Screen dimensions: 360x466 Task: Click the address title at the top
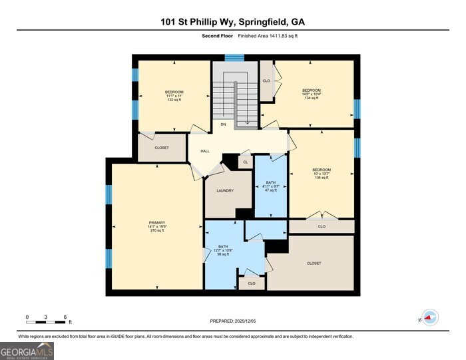pos(233,22)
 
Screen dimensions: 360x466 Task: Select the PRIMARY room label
pos(157,226)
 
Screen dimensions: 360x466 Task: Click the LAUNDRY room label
pos(225,190)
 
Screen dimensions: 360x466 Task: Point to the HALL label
pos(205,151)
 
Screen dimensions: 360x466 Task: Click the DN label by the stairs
pos(224,124)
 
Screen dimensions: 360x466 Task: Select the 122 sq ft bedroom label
pos(174,95)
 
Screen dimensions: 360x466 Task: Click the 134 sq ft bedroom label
pos(312,94)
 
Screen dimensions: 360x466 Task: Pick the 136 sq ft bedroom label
pos(322,173)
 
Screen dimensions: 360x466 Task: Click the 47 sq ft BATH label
pos(270,186)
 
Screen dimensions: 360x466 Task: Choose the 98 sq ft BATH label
pos(223,250)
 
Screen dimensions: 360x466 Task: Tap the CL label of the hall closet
pos(245,162)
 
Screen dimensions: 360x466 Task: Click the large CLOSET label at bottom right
pos(314,263)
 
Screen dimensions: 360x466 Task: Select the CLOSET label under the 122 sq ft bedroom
pos(162,148)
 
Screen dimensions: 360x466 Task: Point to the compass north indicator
pos(429,317)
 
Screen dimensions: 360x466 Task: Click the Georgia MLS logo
pos(27,351)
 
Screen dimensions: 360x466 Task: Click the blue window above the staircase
pos(234,58)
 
